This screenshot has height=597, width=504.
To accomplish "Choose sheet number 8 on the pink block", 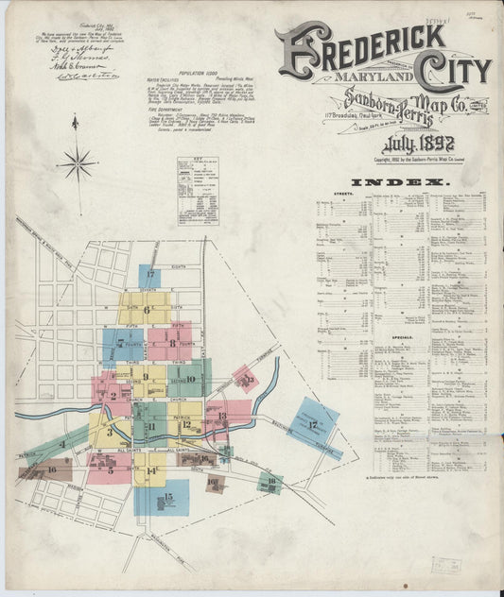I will coord(172,342).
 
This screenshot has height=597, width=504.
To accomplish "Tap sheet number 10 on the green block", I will coord(190,379).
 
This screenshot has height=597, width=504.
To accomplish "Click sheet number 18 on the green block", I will coord(271,481).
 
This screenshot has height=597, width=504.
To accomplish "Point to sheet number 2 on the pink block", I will coord(113,395).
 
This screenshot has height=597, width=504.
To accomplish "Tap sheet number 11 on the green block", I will coord(151,427).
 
